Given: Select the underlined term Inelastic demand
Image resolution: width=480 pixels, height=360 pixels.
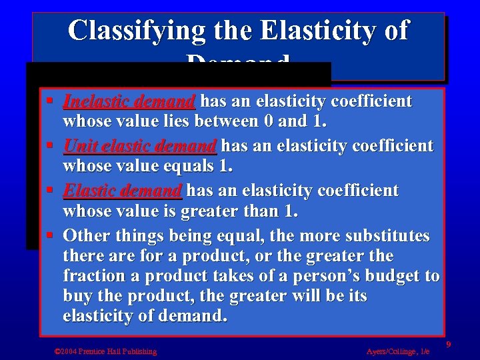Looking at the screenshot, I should (129, 102).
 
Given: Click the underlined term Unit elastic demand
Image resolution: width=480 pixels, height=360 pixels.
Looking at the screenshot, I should (139, 146).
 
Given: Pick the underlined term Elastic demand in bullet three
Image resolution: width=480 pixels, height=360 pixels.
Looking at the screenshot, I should (122, 191).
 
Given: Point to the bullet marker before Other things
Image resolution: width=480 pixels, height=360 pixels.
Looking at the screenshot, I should (52, 236).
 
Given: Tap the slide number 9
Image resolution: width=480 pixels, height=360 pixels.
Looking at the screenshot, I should (449, 344).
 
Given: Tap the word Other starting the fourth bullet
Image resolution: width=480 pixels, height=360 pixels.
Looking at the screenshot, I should (86, 236).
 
